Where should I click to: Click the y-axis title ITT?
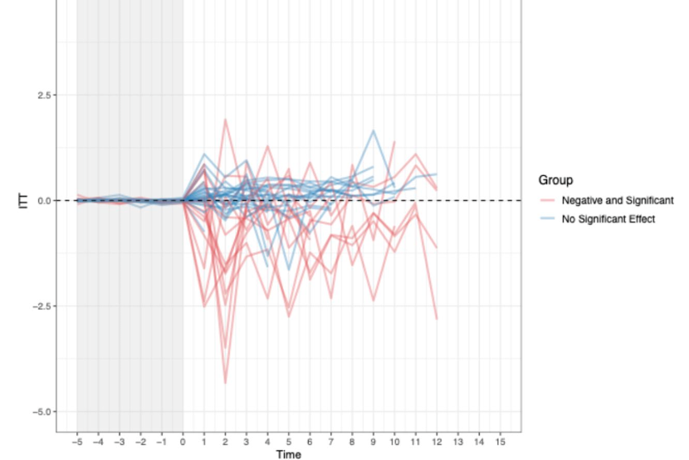[x=23, y=200]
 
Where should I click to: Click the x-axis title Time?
[x=289, y=454]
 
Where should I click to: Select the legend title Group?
[x=555, y=179]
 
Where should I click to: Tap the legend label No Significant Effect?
[x=608, y=219]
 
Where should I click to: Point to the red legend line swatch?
[x=547, y=200]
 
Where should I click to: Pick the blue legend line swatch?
[x=547, y=219]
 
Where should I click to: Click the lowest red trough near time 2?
[x=225, y=383]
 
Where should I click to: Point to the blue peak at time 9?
[x=374, y=130]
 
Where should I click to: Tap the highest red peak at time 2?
[x=225, y=119]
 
